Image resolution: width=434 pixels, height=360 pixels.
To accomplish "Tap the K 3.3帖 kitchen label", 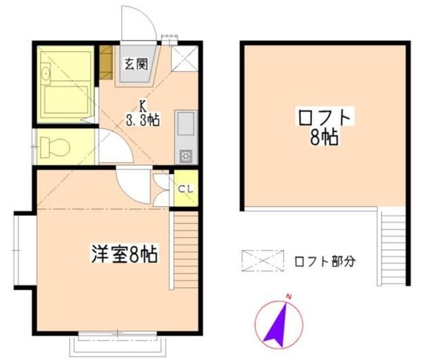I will tap(143, 114).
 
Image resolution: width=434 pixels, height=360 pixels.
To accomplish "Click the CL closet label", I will tap(185, 189).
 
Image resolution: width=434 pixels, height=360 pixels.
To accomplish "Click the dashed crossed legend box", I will tap(262, 261).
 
